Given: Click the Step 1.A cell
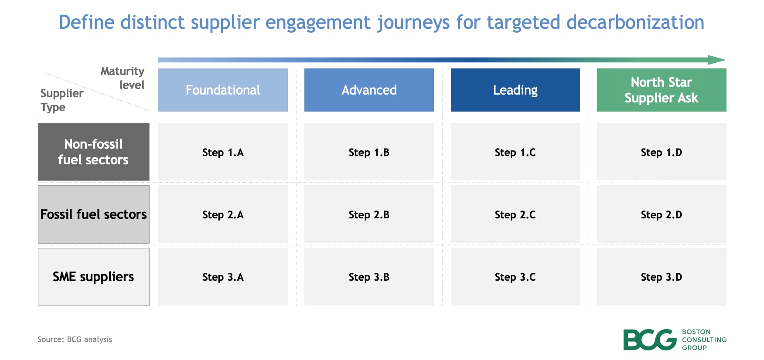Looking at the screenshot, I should (223, 152).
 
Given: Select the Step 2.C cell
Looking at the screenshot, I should (515, 214).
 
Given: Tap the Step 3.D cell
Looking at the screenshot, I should (661, 277).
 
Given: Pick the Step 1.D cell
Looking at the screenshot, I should (661, 152).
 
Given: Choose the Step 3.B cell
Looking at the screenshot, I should (369, 277).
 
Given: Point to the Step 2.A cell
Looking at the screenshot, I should (223, 214).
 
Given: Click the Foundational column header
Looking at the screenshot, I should (223, 90).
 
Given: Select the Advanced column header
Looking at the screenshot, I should (369, 90).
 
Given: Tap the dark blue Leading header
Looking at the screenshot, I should (515, 90).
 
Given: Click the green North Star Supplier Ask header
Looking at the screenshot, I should (661, 90).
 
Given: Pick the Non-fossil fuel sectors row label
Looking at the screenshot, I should (93, 152).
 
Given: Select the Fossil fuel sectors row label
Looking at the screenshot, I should (93, 214).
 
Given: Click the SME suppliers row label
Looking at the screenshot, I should (93, 277).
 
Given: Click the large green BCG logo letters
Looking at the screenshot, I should (649, 340).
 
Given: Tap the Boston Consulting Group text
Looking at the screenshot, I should (703, 340).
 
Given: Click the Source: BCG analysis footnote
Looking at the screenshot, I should (75, 340).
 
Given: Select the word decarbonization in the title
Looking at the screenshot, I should (635, 22).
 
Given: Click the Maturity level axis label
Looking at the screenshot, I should (123, 78).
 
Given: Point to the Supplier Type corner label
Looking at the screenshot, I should (61, 100).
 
